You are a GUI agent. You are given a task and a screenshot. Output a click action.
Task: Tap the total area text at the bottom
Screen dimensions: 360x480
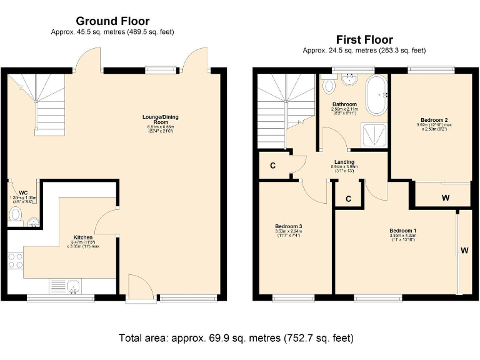coord(236,338)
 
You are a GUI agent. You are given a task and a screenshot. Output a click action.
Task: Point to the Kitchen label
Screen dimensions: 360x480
coord(84,238)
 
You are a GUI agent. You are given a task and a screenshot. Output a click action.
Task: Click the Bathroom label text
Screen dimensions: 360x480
coord(344,104)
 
